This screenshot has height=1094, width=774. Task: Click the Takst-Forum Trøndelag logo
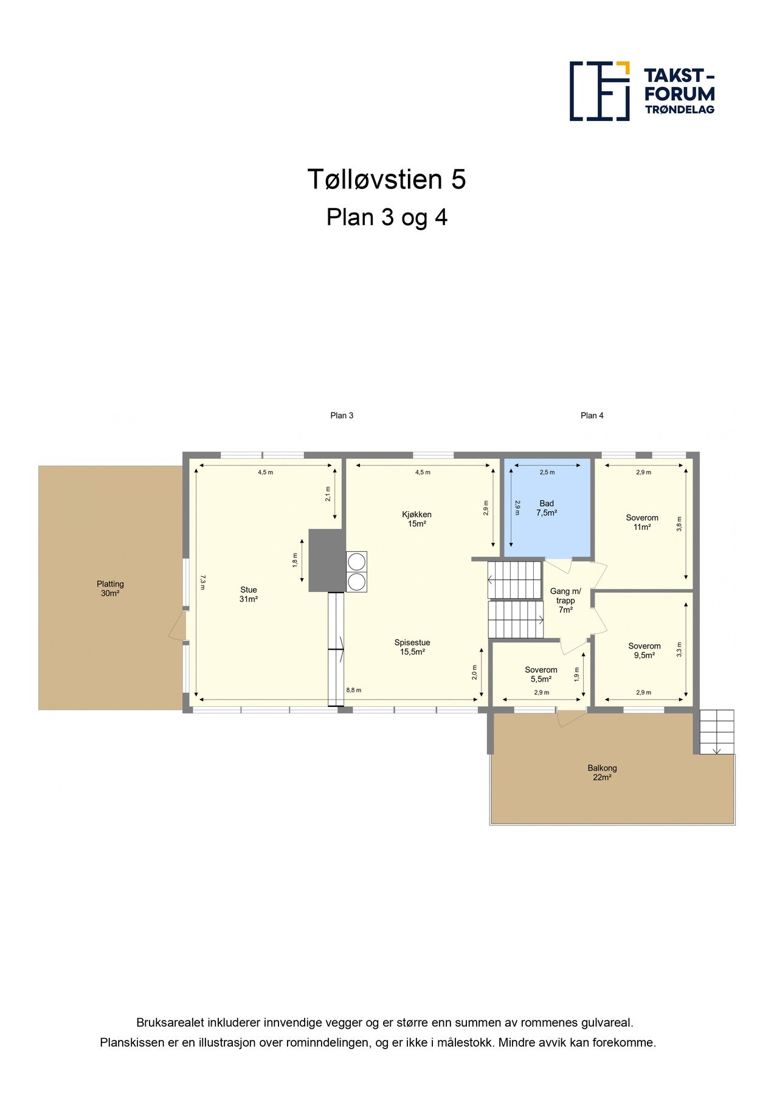pos(642,91)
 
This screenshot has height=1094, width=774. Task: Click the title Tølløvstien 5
pos(387,179)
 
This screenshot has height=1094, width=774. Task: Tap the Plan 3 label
pos(342,416)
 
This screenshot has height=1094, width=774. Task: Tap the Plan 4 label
pos(592,416)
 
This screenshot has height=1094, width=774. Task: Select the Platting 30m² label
pos(110,588)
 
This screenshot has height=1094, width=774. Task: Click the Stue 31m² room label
pos(249,594)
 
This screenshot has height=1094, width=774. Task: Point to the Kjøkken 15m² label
pos(417,519)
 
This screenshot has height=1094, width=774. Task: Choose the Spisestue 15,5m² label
pos(412,647)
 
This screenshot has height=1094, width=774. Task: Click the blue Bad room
pos(547,507)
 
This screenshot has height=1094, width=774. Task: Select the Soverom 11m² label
pos(642,523)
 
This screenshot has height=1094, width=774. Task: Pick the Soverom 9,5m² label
pos(644,651)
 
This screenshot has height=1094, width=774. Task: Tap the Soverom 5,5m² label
pos(541,675)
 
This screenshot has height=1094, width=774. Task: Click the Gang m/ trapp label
pos(565,600)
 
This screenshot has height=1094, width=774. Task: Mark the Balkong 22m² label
pos(602,772)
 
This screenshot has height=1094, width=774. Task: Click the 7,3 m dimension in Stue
pos(203,582)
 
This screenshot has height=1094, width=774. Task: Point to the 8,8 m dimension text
pos(354,690)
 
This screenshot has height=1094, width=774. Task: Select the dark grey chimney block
pos(327,560)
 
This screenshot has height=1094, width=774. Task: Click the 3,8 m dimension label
pos(679,524)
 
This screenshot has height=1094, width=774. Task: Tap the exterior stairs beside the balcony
pos(717,732)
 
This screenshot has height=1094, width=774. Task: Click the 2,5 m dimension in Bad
pos(547,472)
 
